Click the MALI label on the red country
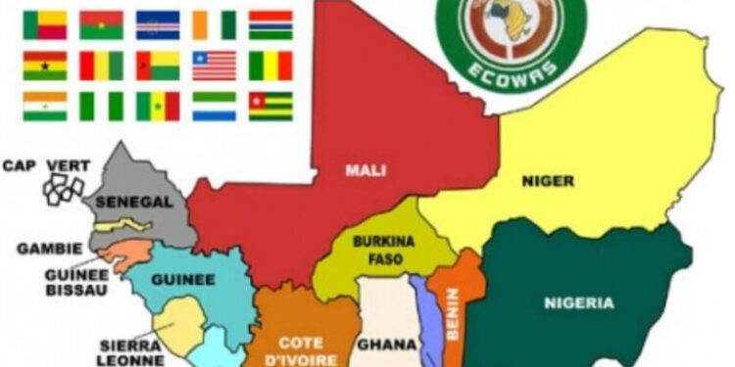coord(365,170)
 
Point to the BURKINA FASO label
coord(377,251)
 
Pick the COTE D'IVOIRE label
coord(301,350)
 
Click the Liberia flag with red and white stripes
coord(215,65)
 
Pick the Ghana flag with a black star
coord(44,65)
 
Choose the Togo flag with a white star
coord(270,105)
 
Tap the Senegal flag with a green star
coord(158,105)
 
